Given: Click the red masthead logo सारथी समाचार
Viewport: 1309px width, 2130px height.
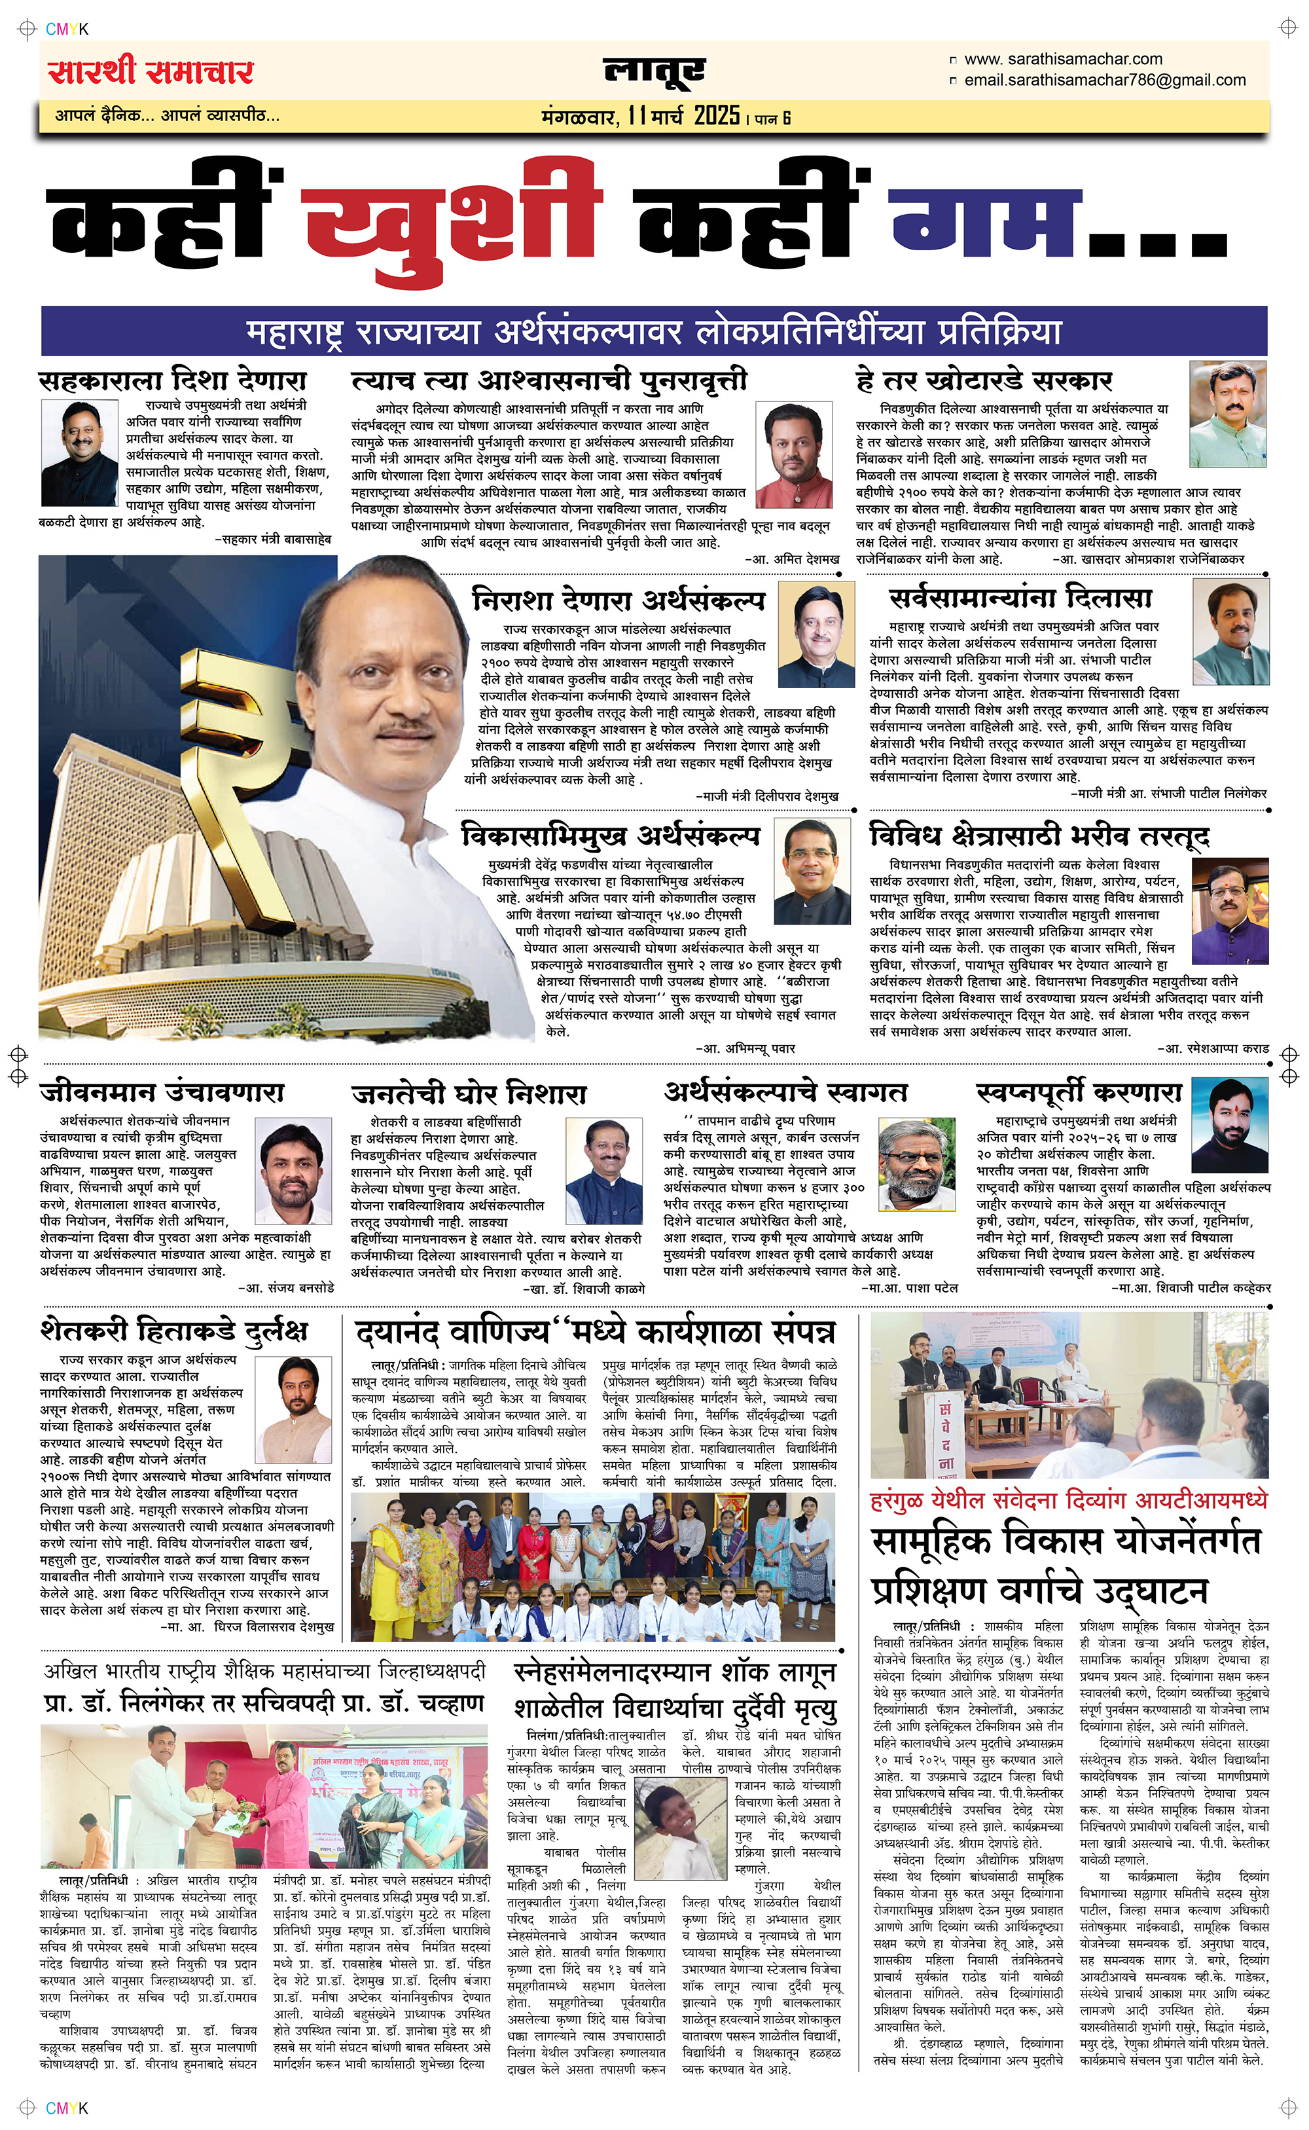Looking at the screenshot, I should point(151,70).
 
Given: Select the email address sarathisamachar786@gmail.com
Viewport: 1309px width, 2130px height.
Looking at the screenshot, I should point(1105,80).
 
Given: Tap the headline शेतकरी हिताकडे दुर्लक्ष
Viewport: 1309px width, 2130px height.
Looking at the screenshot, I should point(174,1330).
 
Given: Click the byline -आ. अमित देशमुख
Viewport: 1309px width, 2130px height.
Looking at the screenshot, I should point(791,559).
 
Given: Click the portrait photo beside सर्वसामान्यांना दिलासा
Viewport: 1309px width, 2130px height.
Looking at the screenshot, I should point(1230,621).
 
